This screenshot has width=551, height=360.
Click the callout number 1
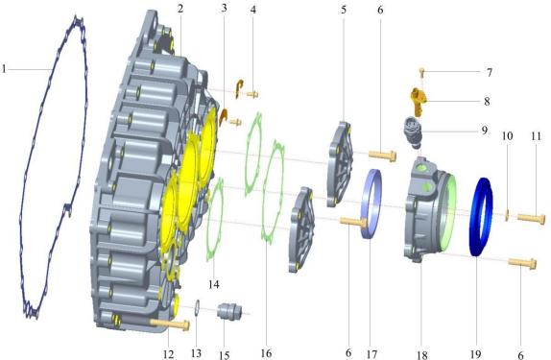pos(6,69)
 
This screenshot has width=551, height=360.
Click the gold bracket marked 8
pos(419,98)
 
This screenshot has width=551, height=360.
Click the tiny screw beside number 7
pos(421,71)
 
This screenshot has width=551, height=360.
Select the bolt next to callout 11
pos(531,218)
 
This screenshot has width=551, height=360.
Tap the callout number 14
pos(214,284)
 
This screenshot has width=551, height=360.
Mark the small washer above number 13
pos(196,307)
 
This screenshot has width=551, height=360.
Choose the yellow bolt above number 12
pos(168,324)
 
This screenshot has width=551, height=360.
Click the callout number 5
pos(343,10)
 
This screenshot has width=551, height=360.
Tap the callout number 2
pos(180,10)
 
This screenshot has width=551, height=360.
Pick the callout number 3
pos(223,10)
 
